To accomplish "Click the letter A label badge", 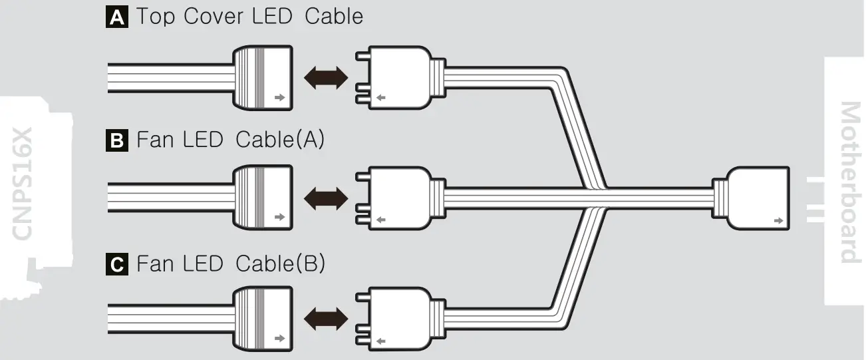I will (x=116, y=17).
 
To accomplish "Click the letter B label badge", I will (x=116, y=141).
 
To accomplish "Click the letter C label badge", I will (x=116, y=265).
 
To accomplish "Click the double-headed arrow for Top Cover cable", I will (x=325, y=78).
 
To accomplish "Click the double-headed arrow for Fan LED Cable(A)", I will (x=325, y=198).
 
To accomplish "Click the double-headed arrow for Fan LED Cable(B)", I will (x=325, y=318).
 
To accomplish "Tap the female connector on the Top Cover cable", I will (x=262, y=78).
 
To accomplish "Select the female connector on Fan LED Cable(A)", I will (x=262, y=198).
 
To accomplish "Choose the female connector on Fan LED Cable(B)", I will (x=262, y=318).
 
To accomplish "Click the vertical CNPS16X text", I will (x=23, y=183).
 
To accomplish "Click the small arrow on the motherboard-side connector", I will (x=778, y=219).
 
